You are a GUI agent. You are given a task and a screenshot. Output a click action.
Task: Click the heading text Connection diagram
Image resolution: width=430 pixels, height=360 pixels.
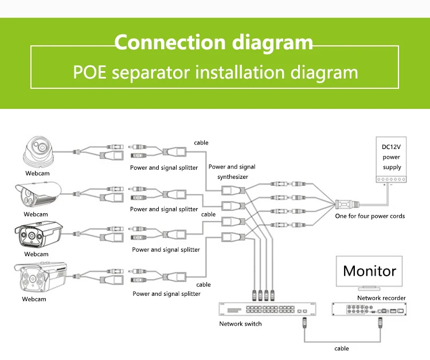click(214, 43)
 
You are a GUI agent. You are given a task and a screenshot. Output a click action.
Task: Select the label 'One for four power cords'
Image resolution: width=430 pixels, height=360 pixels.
click(370, 216)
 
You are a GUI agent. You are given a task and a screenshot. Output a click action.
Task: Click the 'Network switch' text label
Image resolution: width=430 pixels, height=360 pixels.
click(240, 324)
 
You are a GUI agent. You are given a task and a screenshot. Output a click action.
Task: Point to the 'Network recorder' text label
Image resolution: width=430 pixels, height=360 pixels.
click(381, 298)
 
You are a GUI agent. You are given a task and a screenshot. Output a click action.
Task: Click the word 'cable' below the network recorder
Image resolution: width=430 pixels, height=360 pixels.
click(342, 349)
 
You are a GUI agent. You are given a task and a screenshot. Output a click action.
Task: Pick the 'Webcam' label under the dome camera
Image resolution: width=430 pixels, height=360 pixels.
click(37, 173)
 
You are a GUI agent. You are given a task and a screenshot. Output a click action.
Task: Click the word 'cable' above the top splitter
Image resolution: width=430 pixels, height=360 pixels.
click(201, 143)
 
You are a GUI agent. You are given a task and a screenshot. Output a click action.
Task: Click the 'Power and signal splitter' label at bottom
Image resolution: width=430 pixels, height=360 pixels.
click(166, 294)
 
